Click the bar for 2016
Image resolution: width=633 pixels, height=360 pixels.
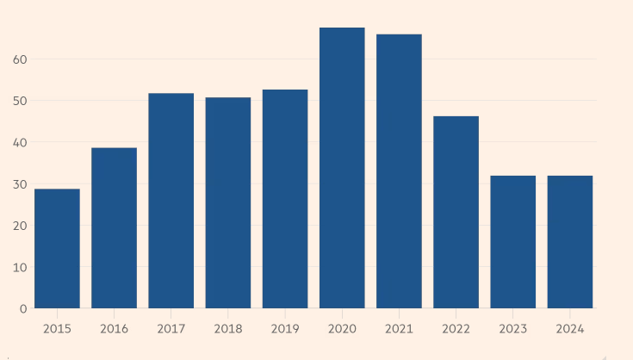point(114,227)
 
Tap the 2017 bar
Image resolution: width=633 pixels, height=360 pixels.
point(171,200)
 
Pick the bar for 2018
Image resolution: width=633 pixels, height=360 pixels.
point(227,202)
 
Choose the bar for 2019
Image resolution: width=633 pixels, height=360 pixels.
point(285,198)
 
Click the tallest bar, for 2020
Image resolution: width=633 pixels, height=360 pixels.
point(342,167)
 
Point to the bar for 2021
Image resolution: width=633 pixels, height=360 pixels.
point(399,171)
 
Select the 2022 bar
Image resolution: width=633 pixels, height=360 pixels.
point(456,212)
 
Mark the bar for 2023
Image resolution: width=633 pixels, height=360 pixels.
point(513,241)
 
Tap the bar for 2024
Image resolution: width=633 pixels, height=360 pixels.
point(570,241)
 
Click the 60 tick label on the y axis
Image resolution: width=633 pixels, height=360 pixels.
point(20,59)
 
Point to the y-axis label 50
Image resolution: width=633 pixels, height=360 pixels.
point(20,101)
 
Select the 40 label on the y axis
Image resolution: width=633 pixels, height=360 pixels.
point(20,142)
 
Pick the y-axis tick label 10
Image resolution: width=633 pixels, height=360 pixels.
point(20,267)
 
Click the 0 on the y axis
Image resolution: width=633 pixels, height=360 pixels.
point(23,308)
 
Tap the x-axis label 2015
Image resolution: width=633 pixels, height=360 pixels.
point(57,329)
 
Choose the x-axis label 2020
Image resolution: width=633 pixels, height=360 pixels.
point(342,329)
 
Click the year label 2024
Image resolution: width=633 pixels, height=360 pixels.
point(570,329)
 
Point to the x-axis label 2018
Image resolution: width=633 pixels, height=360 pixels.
point(227,329)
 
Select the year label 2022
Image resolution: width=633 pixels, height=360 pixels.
point(456,329)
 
